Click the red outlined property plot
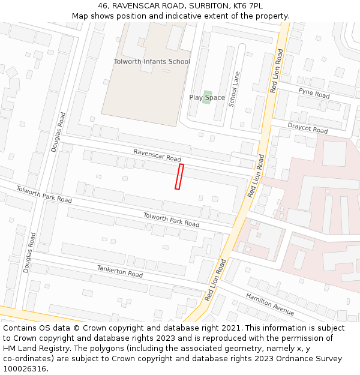(179, 177)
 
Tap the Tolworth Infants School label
(152, 62)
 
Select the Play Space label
(207, 98)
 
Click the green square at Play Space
(206, 97)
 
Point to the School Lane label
(234, 88)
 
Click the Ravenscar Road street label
(157, 155)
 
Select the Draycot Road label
(307, 128)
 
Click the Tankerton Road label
(120, 271)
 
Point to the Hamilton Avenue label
(270, 304)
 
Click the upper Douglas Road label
(58, 132)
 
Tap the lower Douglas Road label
(29, 253)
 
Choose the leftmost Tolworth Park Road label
(44, 194)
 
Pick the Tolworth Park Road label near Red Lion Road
(171, 220)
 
